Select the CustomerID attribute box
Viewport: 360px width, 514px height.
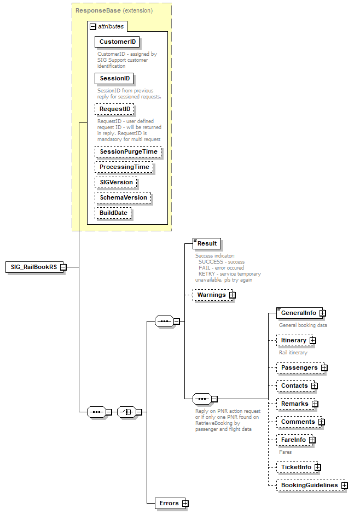[x=117, y=42]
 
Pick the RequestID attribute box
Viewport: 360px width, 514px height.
[x=114, y=109]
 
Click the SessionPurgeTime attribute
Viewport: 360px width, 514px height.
[x=129, y=151]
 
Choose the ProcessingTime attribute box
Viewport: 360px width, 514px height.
[x=124, y=167]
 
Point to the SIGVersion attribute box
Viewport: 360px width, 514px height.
[x=116, y=182]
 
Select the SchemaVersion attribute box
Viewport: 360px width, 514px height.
[x=123, y=197]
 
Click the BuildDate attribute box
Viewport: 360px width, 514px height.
[x=113, y=213]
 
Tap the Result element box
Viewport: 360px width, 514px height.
[x=207, y=243]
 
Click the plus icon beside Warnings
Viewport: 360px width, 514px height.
[x=233, y=295]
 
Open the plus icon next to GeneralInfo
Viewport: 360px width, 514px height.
[x=323, y=313]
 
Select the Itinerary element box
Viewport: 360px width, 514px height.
[x=293, y=340]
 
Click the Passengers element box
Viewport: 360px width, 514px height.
[x=299, y=367]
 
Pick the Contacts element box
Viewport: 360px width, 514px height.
[x=294, y=385]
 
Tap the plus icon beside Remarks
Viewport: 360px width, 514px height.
[x=315, y=404]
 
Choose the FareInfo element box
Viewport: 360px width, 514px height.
[x=293, y=440]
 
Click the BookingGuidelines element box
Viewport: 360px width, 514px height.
[x=309, y=485]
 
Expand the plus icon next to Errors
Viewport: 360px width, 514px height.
[x=185, y=503]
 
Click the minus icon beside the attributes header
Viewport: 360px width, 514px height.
[x=94, y=26]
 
